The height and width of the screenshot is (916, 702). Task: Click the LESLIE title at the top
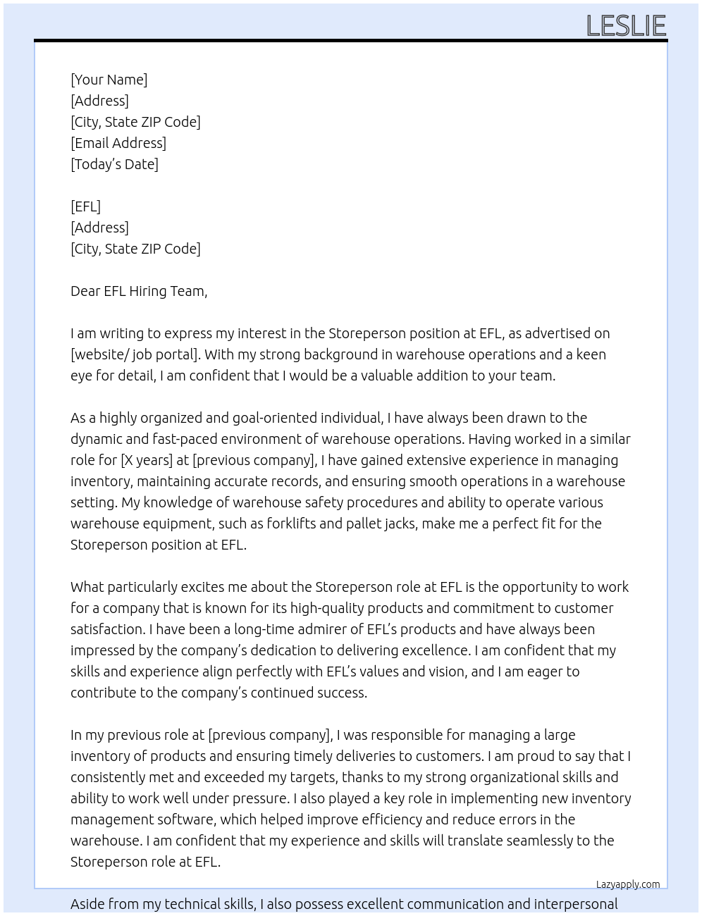(x=626, y=26)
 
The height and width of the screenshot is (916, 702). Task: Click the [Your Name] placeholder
(x=109, y=80)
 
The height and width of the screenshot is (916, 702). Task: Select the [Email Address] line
(x=118, y=143)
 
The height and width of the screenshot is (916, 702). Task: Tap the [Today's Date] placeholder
(x=114, y=164)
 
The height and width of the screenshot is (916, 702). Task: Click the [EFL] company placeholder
(x=85, y=206)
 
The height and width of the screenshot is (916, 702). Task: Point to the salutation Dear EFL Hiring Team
(x=138, y=291)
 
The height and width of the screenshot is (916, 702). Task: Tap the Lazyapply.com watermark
(x=627, y=884)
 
